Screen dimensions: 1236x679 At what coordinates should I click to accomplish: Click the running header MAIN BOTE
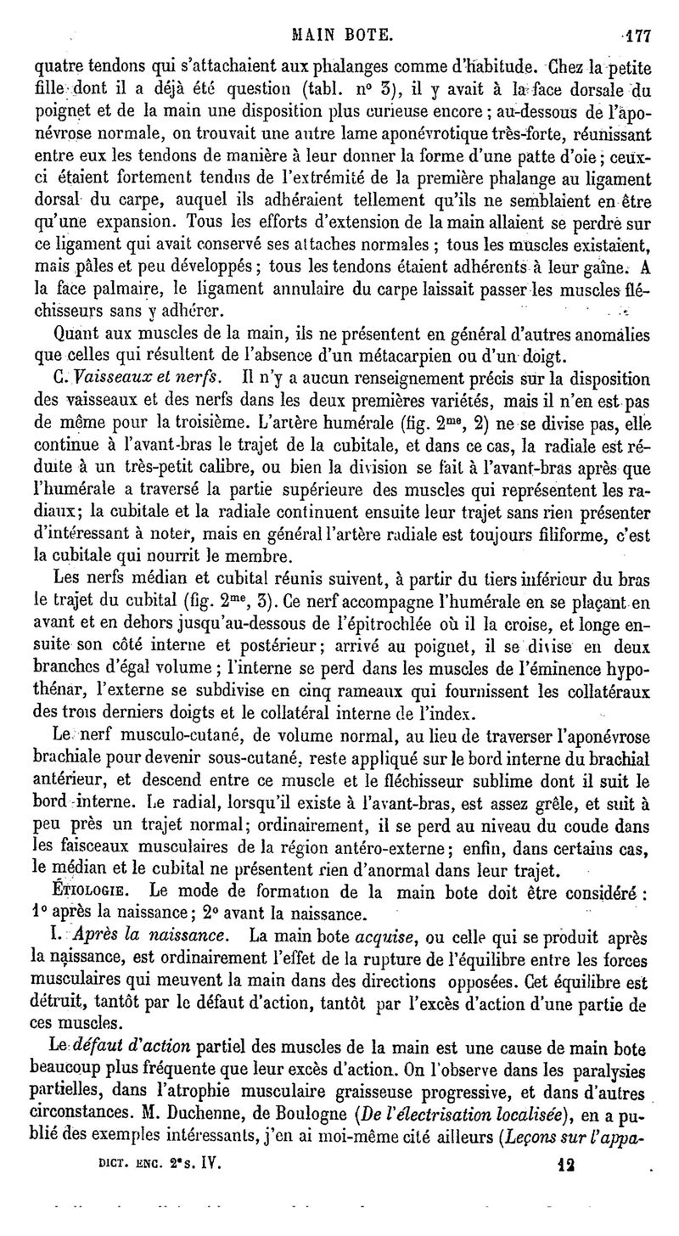pos(341,36)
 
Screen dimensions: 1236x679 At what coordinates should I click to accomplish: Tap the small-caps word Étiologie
pos(89,892)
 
